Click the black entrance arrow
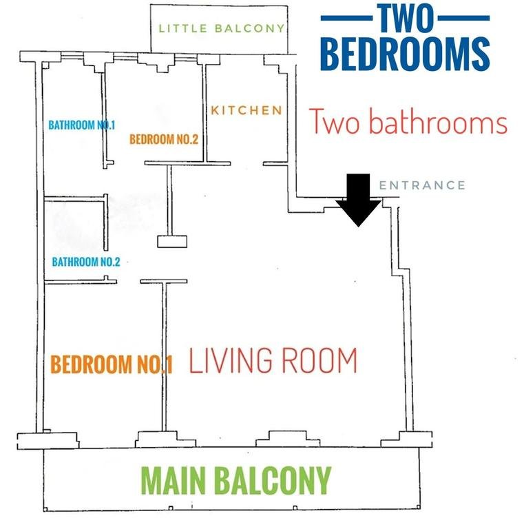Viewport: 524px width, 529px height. [359, 200]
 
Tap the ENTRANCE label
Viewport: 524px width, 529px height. [422, 185]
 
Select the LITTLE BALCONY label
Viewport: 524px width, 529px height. [222, 28]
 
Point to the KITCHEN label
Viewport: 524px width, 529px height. [247, 110]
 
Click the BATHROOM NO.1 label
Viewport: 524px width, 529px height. [82, 125]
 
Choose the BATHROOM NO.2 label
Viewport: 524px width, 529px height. [86, 262]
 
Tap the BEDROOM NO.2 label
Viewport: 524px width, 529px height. [164, 139]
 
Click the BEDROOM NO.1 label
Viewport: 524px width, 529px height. [112, 364]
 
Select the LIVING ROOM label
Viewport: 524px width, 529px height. [273, 361]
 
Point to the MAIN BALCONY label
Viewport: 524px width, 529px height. [236, 480]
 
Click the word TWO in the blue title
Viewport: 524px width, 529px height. [406, 18]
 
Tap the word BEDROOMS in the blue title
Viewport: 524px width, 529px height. [405, 54]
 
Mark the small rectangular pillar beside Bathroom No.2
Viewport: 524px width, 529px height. [172, 242]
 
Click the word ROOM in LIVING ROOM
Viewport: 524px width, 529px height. [319, 361]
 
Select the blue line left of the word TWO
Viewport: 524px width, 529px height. [346, 18]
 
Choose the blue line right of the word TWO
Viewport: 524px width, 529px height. [463, 18]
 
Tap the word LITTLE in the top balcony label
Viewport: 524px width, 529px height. [182, 28]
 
